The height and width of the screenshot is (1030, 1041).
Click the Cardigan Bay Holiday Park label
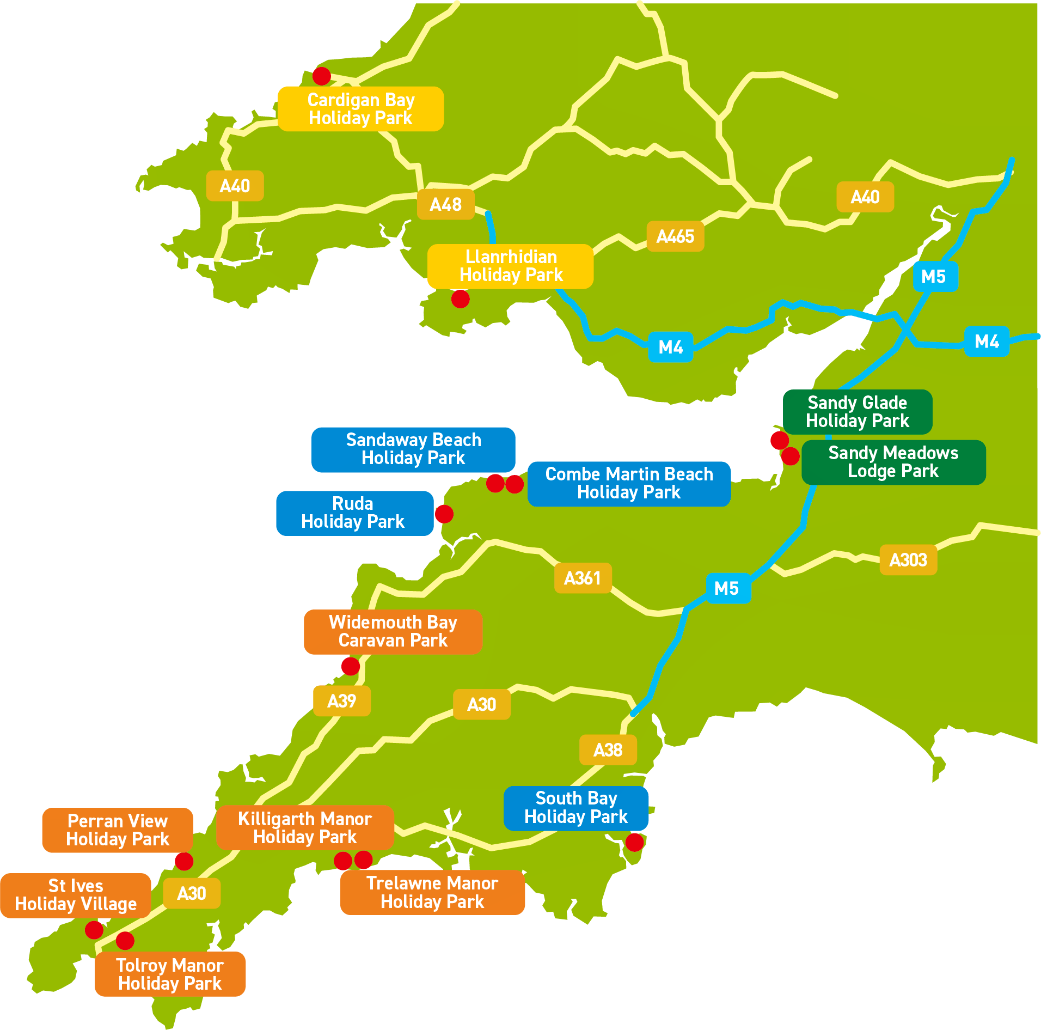pyautogui.click(x=360, y=109)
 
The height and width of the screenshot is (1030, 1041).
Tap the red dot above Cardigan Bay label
pyautogui.click(x=322, y=76)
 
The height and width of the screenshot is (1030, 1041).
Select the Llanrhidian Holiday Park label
pyautogui.click(x=510, y=266)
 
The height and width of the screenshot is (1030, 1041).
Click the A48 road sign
pyautogui.click(x=445, y=205)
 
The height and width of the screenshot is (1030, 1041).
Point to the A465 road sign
pyautogui.click(x=675, y=237)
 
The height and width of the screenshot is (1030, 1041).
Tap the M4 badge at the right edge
pyautogui.click(x=987, y=342)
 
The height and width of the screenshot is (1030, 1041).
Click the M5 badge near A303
pyautogui.click(x=728, y=588)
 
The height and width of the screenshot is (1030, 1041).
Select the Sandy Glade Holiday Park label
pyautogui.click(x=857, y=412)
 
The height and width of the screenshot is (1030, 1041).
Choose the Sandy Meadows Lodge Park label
pyautogui.click(x=893, y=462)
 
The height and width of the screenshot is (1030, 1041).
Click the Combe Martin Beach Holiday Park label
pyautogui.click(x=629, y=484)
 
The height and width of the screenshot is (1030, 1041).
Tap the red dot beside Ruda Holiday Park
pyautogui.click(x=444, y=514)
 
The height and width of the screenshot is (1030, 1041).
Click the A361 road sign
pyautogui.click(x=583, y=578)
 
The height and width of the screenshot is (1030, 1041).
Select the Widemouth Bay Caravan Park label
pyautogui.click(x=393, y=632)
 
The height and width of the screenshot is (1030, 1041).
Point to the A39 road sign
pyautogui.click(x=341, y=701)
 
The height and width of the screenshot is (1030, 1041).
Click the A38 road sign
pyautogui.click(x=608, y=750)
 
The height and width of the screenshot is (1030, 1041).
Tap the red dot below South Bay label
pyautogui.click(x=634, y=842)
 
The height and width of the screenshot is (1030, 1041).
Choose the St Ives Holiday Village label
pyautogui.click(x=76, y=895)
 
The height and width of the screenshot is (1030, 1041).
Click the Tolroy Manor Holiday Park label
pyautogui.click(x=170, y=974)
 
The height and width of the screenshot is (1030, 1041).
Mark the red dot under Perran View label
pyautogui.click(x=184, y=861)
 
